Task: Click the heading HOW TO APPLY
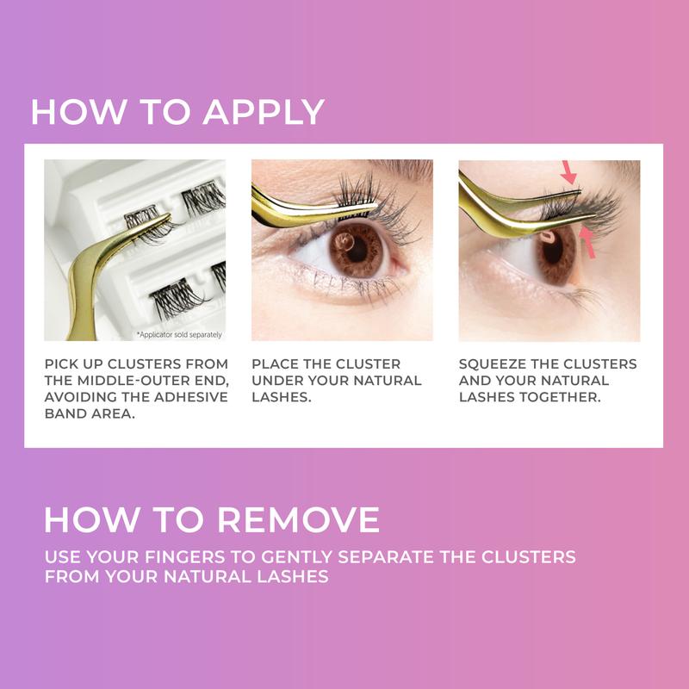(x=177, y=113)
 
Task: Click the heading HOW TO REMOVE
(x=212, y=519)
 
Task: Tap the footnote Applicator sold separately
(x=178, y=333)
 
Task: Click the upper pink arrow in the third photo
(x=568, y=171)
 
